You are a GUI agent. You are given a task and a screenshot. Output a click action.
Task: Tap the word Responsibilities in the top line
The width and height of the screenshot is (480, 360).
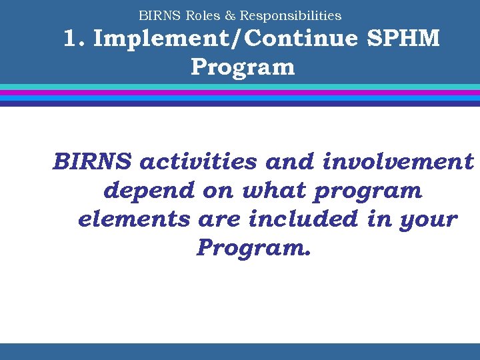pos(291,15)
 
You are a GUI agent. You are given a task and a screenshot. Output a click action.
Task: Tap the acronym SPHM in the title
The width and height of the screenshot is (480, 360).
pos(403,39)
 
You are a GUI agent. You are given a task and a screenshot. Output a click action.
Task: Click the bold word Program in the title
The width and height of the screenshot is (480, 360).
pos(242,67)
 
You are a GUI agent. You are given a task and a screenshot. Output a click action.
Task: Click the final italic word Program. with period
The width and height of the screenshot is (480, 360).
pos(253,249)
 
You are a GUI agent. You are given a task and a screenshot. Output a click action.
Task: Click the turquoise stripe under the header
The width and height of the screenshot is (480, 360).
pos(240,87)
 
